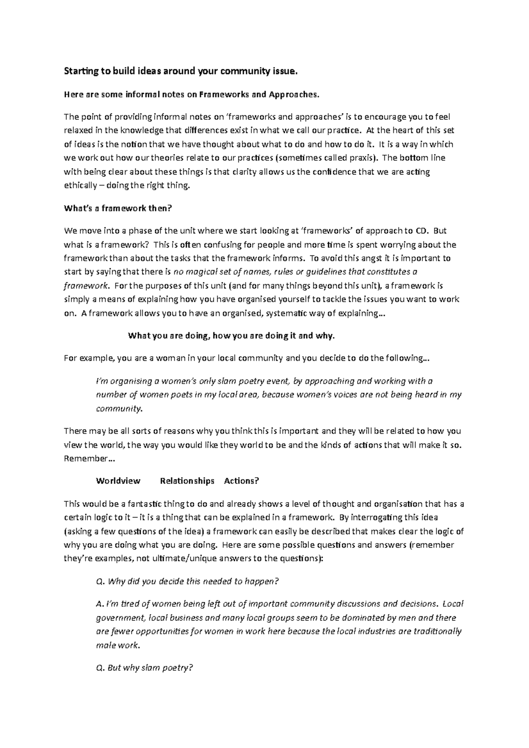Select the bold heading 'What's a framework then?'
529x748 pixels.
(117, 208)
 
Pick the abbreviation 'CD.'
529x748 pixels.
(422, 231)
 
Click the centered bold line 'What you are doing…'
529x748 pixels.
(231, 336)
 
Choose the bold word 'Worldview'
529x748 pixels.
(118, 481)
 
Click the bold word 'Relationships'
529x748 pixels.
(187, 481)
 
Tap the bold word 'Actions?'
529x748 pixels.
(241, 481)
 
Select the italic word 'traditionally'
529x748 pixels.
(436, 631)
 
